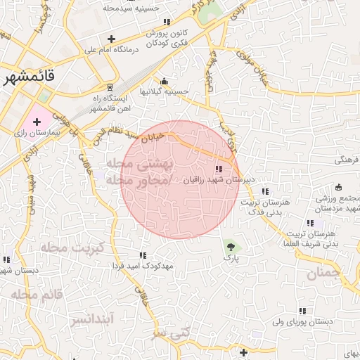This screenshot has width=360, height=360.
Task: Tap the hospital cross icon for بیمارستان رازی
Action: pos(37,122)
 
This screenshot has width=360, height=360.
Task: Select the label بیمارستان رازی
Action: pos(32,132)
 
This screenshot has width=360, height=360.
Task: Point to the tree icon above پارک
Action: pos(230,246)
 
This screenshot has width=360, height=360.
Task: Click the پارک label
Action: pos(232,259)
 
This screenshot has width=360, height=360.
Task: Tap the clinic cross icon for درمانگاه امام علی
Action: pos(110,39)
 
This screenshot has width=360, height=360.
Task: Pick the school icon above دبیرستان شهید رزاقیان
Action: pos(219,169)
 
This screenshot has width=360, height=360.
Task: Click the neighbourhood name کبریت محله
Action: pos(72,247)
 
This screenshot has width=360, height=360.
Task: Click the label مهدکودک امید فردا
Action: pos(143,266)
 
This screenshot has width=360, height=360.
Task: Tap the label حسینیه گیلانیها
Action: pos(165,91)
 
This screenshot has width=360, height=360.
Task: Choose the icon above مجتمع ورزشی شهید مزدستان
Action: pos(340,187)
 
